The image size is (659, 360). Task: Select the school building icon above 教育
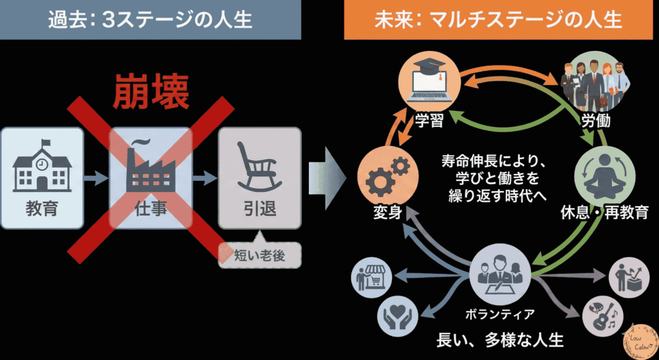(42, 165)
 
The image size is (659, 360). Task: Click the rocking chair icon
(259, 166)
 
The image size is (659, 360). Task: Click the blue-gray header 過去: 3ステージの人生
(150, 20)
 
